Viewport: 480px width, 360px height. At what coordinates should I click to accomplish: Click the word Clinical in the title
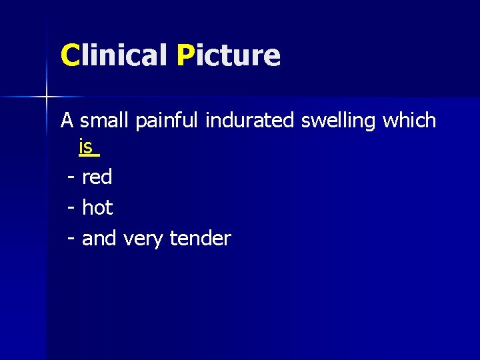pyautogui.click(x=113, y=55)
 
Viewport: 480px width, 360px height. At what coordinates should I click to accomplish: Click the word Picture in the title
pyautogui.click(x=229, y=55)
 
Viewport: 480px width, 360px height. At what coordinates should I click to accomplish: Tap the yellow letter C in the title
pyautogui.click(x=69, y=55)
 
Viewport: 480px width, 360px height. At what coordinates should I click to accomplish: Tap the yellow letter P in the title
pyautogui.click(x=186, y=55)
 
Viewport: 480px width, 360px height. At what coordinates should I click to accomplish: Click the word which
pyautogui.click(x=410, y=121)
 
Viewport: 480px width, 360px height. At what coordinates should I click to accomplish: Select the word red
pyautogui.click(x=97, y=177)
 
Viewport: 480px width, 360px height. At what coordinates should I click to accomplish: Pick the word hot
pyautogui.click(x=97, y=208)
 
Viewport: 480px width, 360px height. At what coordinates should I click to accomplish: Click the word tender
pyautogui.click(x=200, y=239)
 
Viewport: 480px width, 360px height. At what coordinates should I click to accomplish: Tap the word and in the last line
pyautogui.click(x=99, y=239)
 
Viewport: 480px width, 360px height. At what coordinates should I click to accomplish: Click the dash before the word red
pyautogui.click(x=71, y=178)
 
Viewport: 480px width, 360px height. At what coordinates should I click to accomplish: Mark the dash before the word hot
pyautogui.click(x=71, y=209)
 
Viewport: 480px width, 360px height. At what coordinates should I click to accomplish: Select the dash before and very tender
pyautogui.click(x=71, y=239)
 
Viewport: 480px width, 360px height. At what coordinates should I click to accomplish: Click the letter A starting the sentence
pyautogui.click(x=67, y=121)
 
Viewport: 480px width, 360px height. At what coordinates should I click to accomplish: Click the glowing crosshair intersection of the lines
pyautogui.click(x=47, y=97)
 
